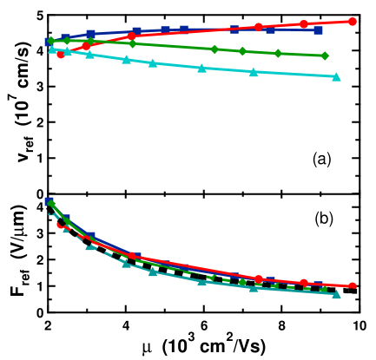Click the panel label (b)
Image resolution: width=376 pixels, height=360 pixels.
click(322, 219)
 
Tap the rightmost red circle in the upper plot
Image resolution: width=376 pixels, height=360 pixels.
click(353, 21)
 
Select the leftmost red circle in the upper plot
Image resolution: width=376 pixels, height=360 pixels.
click(60, 54)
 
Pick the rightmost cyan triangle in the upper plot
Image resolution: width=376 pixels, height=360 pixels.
click(336, 77)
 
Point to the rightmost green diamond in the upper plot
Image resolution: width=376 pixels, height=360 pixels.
click(325, 56)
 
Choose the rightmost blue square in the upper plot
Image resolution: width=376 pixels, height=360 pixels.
click(319, 30)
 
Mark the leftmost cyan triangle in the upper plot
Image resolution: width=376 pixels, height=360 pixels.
click(52, 49)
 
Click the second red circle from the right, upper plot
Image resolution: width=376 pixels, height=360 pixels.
click(303, 24)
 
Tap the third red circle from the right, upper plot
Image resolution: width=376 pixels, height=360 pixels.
click(259, 27)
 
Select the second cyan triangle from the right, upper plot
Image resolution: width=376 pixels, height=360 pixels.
click(254, 72)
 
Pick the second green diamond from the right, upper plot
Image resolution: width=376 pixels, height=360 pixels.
click(278, 53)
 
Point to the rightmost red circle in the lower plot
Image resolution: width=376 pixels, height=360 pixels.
click(353, 285)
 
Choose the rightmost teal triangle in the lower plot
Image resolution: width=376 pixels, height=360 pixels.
click(336, 295)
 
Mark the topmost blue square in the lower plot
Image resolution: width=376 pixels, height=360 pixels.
click(49, 201)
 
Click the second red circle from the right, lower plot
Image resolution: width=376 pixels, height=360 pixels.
click(303, 282)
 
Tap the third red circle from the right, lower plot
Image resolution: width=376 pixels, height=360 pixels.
click(259, 278)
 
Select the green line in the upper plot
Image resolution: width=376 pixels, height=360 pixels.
click(174, 46)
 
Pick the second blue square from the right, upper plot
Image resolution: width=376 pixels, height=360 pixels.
click(271, 29)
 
